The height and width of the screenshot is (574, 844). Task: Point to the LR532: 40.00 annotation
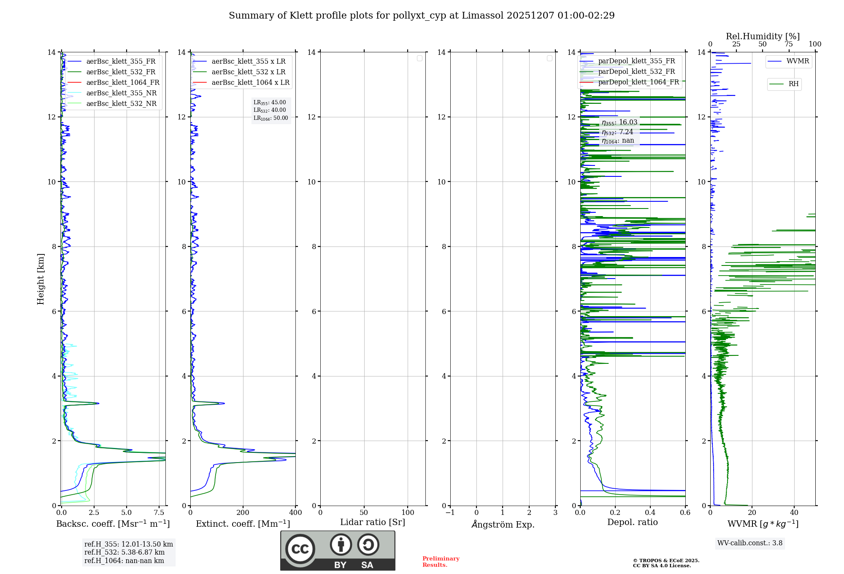(x=270, y=110)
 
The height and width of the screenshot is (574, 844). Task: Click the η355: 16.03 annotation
(x=619, y=122)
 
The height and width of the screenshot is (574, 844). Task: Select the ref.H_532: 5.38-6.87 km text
(x=124, y=552)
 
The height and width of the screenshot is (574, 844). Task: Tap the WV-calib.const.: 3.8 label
(x=750, y=543)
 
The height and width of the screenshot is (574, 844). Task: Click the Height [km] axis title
(x=41, y=279)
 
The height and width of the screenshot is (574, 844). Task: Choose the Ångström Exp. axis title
(x=503, y=525)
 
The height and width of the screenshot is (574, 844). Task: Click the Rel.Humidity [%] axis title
(x=763, y=36)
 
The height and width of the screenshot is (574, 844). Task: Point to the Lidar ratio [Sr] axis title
(x=373, y=523)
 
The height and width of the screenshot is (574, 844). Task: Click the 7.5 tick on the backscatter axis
(x=159, y=513)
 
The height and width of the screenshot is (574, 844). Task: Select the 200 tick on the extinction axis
(x=243, y=513)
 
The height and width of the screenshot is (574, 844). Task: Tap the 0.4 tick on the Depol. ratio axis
(x=650, y=513)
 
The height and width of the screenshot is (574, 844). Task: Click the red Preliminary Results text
(x=441, y=562)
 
